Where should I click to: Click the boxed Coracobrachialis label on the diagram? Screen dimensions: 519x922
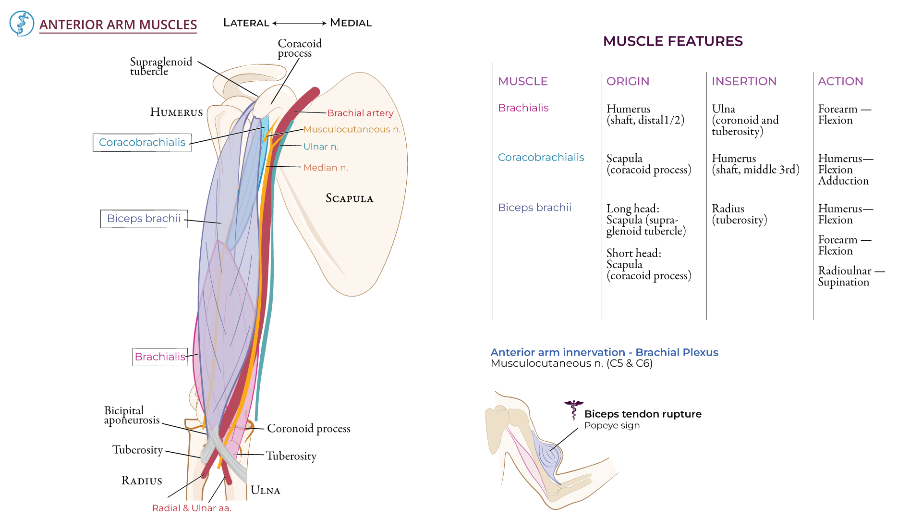click(x=142, y=142)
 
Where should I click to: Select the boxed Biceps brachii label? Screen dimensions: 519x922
click(x=144, y=219)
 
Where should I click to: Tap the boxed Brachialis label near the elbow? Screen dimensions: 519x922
click(x=160, y=357)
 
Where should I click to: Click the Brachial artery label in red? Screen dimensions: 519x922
click(x=360, y=113)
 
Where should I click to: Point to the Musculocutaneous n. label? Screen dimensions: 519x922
click(x=352, y=129)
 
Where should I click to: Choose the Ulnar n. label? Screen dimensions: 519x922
click(x=321, y=147)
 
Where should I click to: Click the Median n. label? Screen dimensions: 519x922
click(x=326, y=168)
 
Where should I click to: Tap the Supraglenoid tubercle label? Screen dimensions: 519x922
click(x=161, y=66)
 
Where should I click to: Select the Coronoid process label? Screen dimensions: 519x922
click(x=308, y=428)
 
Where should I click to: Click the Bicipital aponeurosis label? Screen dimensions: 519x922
click(x=131, y=415)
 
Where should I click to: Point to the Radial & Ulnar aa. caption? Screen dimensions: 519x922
click(x=192, y=508)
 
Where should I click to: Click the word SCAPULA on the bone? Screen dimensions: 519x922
click(x=349, y=198)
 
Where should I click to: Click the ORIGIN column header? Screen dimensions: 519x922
click(x=628, y=81)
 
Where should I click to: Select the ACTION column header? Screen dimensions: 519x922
click(x=840, y=81)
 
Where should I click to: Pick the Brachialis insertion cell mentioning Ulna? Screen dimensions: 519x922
click(x=745, y=120)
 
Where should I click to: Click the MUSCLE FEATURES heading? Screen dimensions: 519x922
click(x=673, y=41)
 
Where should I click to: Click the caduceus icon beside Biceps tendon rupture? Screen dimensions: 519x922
click(x=573, y=409)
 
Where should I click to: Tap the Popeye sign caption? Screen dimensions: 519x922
click(x=612, y=425)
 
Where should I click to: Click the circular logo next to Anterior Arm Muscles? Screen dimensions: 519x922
click(x=22, y=24)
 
